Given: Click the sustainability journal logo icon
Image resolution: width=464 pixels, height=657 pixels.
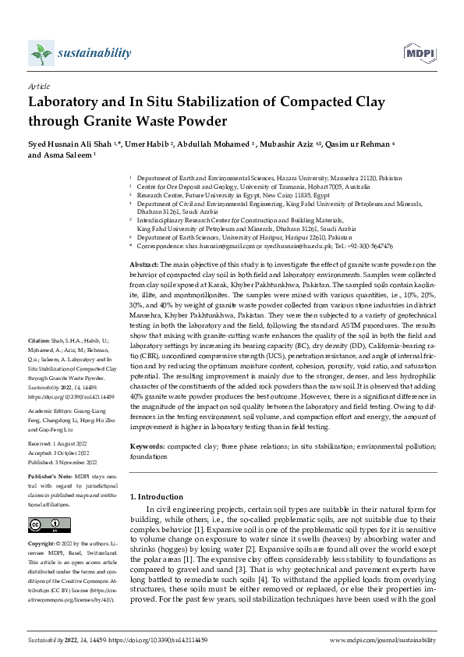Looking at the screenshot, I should click(41, 52).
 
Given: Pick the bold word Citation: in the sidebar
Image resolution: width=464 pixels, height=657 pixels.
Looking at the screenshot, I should click(41, 364).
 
